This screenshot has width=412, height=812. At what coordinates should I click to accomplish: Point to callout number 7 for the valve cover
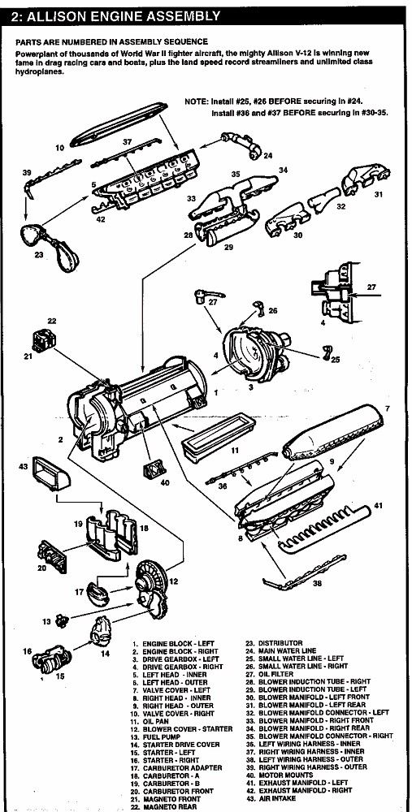point(388,408)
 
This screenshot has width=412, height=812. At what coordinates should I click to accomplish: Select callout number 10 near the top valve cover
point(59,148)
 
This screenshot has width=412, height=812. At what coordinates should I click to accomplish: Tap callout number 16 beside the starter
point(28,650)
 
